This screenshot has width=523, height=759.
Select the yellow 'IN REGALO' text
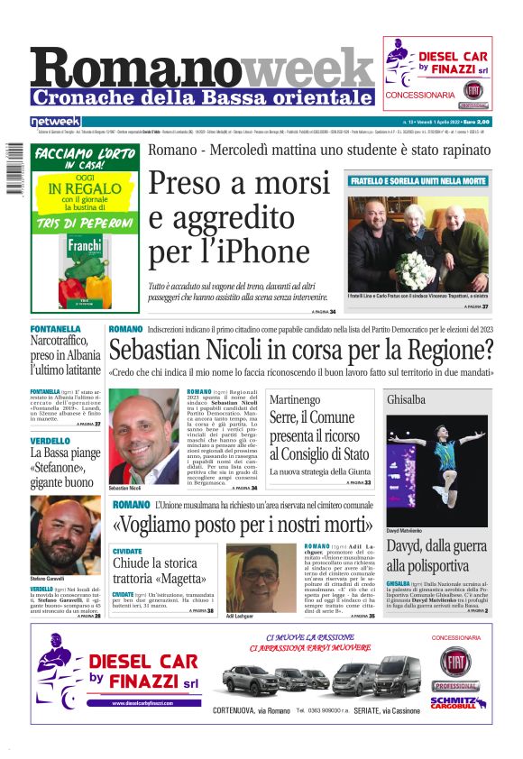coord(78,188)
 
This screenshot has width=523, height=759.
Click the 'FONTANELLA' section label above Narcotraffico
coord(56,329)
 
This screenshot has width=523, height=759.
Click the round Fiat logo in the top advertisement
coord(473,90)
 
